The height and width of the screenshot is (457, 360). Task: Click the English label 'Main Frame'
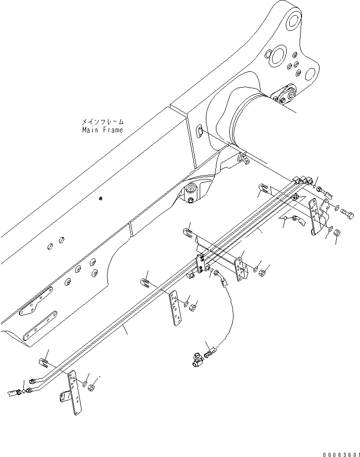coord(102,129)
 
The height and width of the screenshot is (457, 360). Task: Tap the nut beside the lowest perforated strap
coord(92,388)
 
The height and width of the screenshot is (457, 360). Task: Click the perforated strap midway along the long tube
coord(176,308)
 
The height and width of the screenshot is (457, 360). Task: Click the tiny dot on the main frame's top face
coord(101,198)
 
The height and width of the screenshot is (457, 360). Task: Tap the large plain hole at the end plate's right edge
coord(311,74)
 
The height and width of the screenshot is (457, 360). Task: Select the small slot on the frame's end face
coord(201,130)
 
